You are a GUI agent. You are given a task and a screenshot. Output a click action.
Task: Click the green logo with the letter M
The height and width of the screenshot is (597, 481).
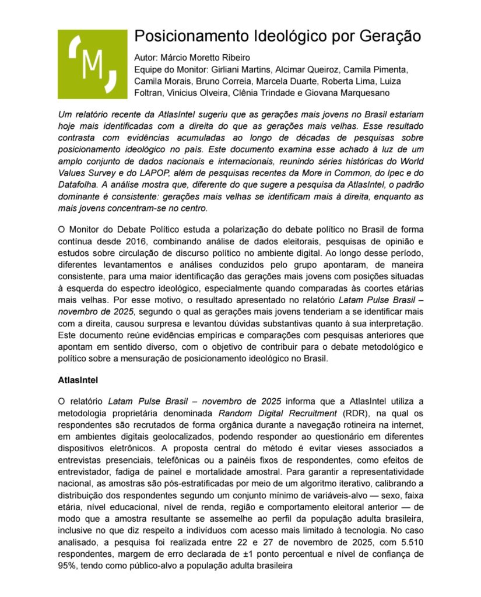click(92, 64)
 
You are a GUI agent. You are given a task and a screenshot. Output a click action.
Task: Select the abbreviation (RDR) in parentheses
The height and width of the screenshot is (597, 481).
click(354, 413)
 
